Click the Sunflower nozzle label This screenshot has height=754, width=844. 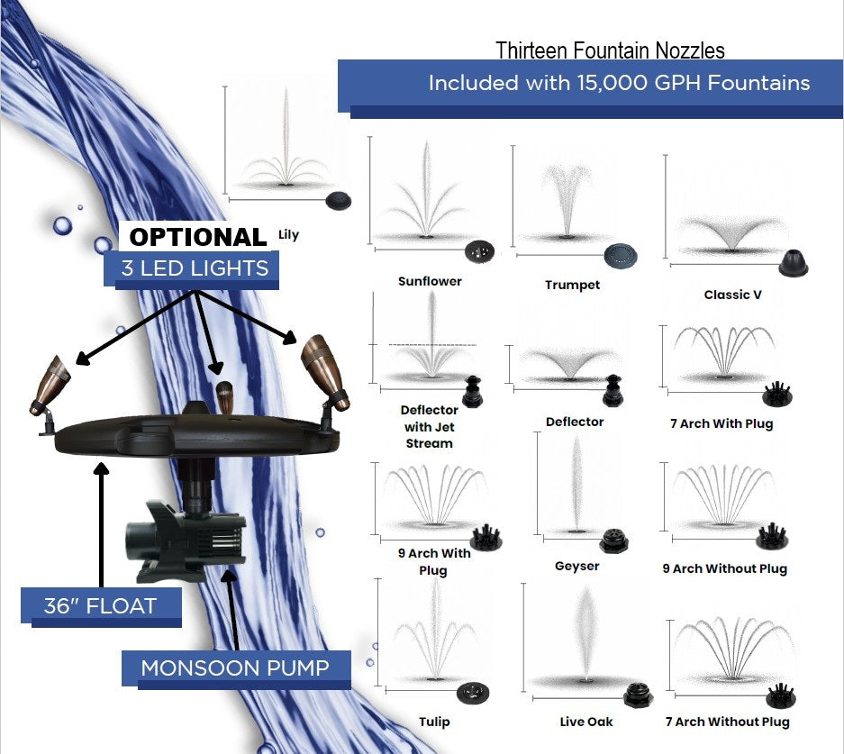(x=430, y=281)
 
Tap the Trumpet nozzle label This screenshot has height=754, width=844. (x=572, y=285)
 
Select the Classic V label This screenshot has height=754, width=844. (x=732, y=295)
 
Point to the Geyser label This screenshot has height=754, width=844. (x=577, y=566)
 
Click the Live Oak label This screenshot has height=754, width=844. (x=586, y=722)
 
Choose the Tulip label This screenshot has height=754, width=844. (x=434, y=722)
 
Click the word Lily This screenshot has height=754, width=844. (x=288, y=235)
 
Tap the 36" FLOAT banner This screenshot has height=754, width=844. (x=100, y=605)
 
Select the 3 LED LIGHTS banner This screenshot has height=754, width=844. (x=195, y=268)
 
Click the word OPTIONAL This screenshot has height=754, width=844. (x=198, y=237)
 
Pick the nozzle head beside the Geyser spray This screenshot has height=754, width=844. (x=615, y=540)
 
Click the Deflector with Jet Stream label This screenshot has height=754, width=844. (x=429, y=426)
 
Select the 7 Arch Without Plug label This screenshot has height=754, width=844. (x=727, y=722)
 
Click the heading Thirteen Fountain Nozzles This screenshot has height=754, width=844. (x=610, y=50)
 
